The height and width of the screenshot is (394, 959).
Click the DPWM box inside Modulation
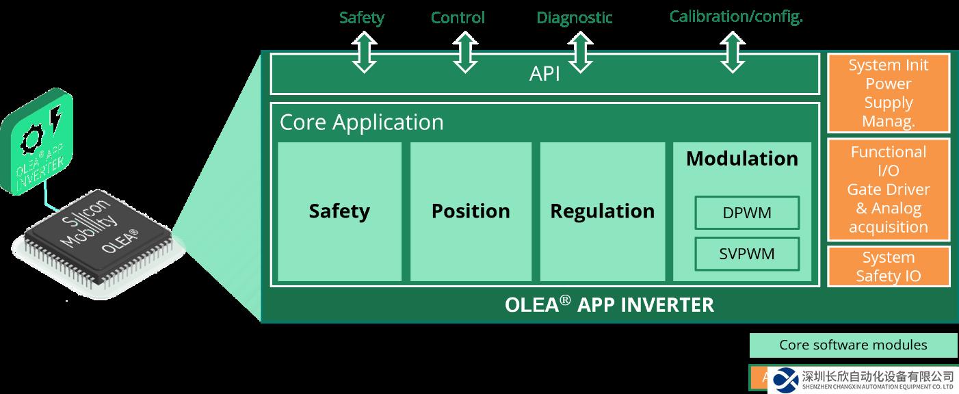(x=747, y=213)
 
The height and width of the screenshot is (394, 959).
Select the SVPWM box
(x=747, y=254)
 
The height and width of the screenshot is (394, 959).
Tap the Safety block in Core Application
(x=339, y=211)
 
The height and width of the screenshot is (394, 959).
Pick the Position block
(x=471, y=211)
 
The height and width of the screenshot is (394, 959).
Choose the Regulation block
(x=602, y=211)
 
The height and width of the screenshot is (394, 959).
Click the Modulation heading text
(x=742, y=159)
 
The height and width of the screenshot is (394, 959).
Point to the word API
(x=544, y=74)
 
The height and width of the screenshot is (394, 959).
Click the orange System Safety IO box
(x=889, y=267)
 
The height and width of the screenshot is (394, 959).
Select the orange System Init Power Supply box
(x=889, y=93)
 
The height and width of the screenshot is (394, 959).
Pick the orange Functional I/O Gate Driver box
(x=889, y=189)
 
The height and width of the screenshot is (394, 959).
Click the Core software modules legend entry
(x=853, y=345)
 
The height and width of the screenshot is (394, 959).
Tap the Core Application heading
(x=362, y=122)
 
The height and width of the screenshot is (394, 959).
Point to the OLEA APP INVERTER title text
(x=609, y=304)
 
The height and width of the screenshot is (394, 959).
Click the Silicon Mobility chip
(x=99, y=236)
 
